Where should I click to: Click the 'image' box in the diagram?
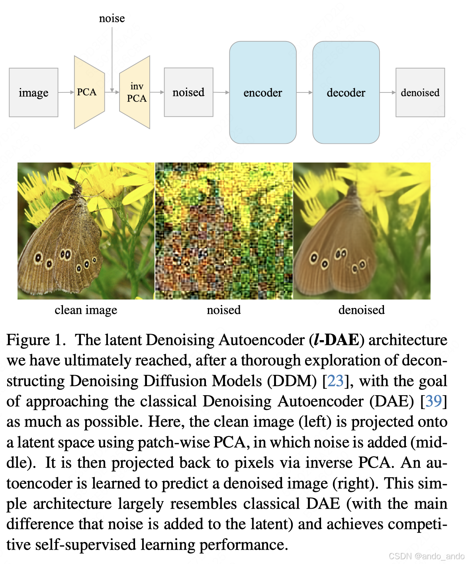tap(33, 92)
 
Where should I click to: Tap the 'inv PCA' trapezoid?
tap(136, 92)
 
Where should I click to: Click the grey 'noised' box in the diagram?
tap(188, 92)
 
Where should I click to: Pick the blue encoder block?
tap(262, 92)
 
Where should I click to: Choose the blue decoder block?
tap(346, 92)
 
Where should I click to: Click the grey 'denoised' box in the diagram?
tap(420, 92)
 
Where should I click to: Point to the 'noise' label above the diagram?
tap(112, 18)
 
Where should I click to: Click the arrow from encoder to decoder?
tap(304, 92)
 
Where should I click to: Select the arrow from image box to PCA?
tap(66, 92)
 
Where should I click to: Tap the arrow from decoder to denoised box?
tap(388, 92)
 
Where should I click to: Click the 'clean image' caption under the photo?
tap(86, 310)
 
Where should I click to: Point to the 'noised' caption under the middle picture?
tap(224, 310)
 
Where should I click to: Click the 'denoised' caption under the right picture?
tap(361, 310)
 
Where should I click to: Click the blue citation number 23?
tap(335, 381)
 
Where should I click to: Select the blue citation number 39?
tap(434, 401)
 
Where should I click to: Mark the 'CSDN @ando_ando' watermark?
tap(427, 556)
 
